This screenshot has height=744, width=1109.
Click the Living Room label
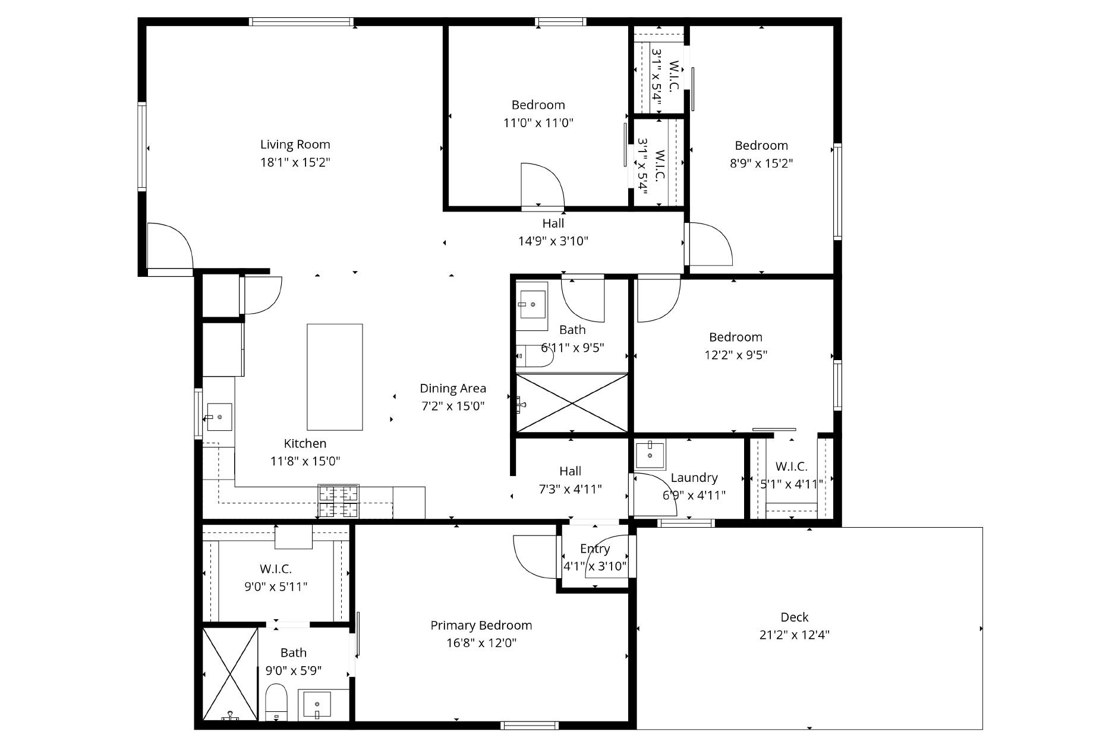pos(295,144)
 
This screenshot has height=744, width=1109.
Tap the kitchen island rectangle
pos(335,377)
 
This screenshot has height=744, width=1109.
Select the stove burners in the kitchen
pos(339,501)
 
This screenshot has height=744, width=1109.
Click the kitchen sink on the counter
pos(219,417)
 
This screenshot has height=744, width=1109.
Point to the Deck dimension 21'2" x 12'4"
pos(794,635)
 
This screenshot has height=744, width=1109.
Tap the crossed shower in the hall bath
pos(572,403)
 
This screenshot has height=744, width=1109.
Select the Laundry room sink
pos(650,455)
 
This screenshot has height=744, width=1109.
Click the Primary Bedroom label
pos(481,625)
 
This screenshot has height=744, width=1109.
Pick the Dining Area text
pos(453,389)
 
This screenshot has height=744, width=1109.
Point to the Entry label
pos(594,548)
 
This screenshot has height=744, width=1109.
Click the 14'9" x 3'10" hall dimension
pos(553,241)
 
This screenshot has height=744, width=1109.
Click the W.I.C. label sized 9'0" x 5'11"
pos(275,569)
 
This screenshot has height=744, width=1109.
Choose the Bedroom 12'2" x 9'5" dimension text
pos(736,355)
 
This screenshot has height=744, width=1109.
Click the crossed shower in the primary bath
pos(230,673)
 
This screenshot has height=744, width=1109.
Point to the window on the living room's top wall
pos(300,22)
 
